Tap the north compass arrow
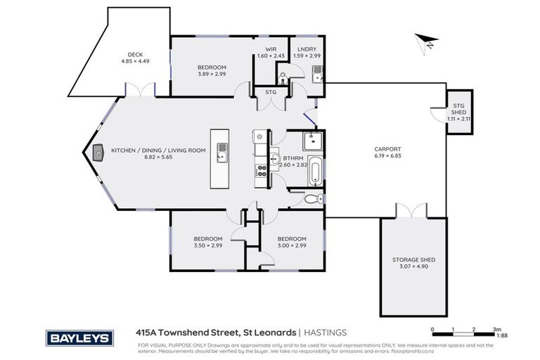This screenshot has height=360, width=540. coord(426,41)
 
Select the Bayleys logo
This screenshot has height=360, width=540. coord(79,338)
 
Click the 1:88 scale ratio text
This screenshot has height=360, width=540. coord(502,336)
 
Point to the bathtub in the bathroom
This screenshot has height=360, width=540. coord(314,172)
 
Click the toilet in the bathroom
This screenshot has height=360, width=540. coord(314,198)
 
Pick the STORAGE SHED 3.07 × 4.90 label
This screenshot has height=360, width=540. coord(413,264)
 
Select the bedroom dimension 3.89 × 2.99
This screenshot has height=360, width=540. coord(211,72)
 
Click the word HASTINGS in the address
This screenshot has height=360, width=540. coord(325,333)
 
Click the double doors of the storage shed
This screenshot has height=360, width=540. coord(411,211)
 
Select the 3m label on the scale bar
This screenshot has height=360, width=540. coord(496,329)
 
